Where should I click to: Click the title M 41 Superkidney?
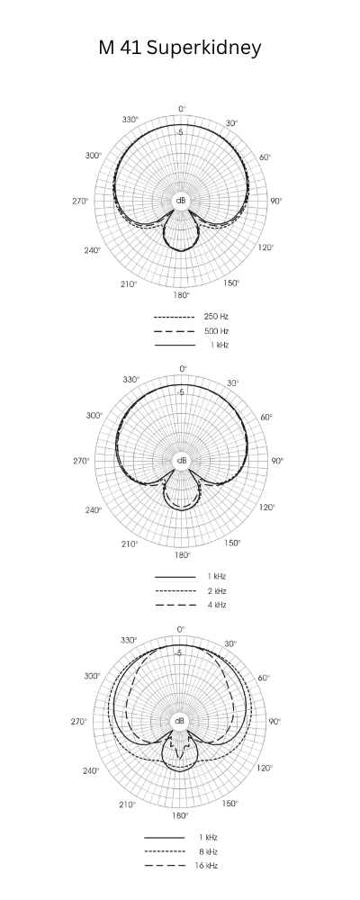click(x=180, y=49)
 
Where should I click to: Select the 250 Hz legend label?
click(x=214, y=317)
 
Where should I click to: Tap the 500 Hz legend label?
click(x=214, y=331)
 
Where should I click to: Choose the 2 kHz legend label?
click(x=215, y=590)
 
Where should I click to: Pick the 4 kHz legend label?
click(x=215, y=605)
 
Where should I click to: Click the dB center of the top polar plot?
click(x=181, y=200)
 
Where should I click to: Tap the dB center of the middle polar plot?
click(x=182, y=461)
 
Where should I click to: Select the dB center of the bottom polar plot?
click(x=180, y=721)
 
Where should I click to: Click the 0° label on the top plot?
click(x=182, y=108)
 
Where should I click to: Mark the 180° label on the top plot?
click(x=181, y=294)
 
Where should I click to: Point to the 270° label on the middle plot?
click(x=81, y=461)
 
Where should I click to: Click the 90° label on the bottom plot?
click(x=275, y=721)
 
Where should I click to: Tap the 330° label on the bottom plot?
click(x=130, y=640)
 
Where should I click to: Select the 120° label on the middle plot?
click(x=266, y=508)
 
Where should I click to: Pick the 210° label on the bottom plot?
click(x=129, y=804)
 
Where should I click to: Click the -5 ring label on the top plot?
click(x=180, y=132)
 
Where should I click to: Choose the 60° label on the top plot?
click(x=267, y=157)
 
